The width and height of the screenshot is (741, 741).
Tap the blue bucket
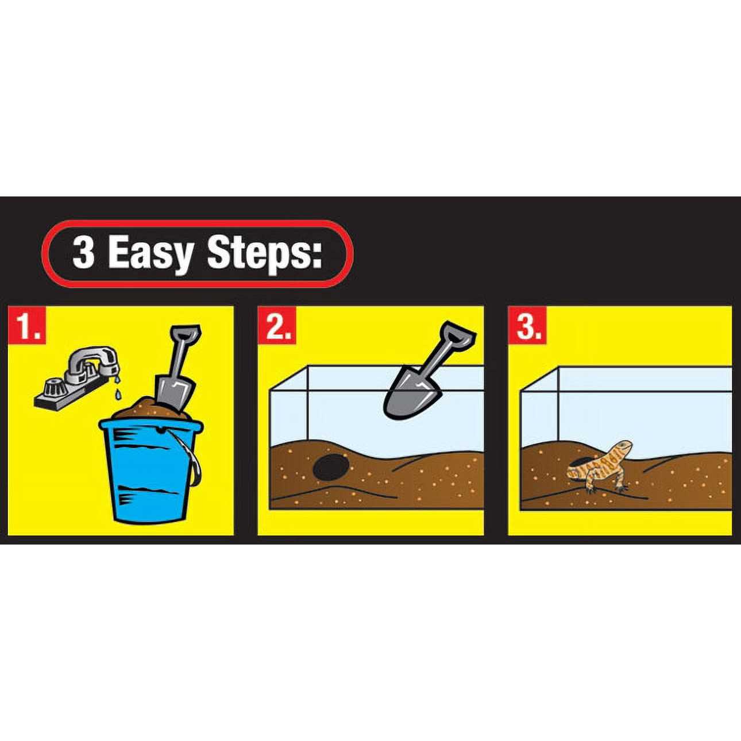(x=149, y=471)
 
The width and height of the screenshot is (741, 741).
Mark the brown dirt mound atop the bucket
(x=135, y=411)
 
